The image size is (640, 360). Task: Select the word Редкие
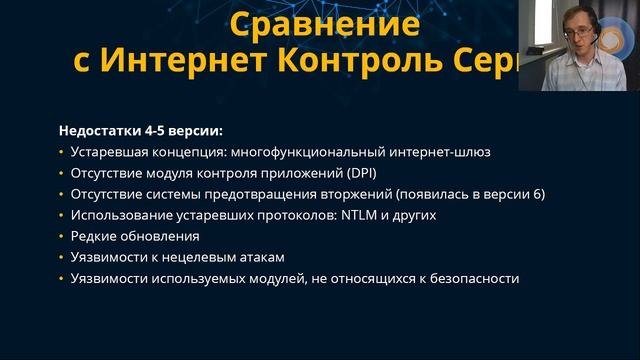(94, 237)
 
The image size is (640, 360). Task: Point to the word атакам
(248, 258)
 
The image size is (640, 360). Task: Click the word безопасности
(470, 279)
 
